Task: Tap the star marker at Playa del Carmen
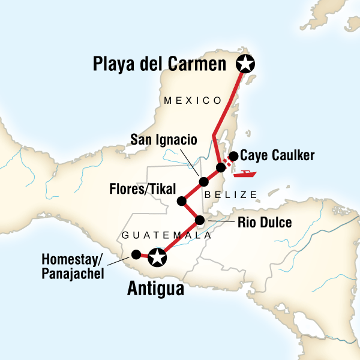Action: (245, 62)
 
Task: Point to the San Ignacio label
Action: (164, 140)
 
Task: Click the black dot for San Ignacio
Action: (203, 181)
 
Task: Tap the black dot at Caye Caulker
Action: (233, 156)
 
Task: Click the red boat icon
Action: (246, 174)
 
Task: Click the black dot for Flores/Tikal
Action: (181, 201)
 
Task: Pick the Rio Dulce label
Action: (265, 223)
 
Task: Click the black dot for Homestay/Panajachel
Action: (136, 254)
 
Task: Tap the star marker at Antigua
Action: (157, 258)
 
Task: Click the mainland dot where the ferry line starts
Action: (221, 167)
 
